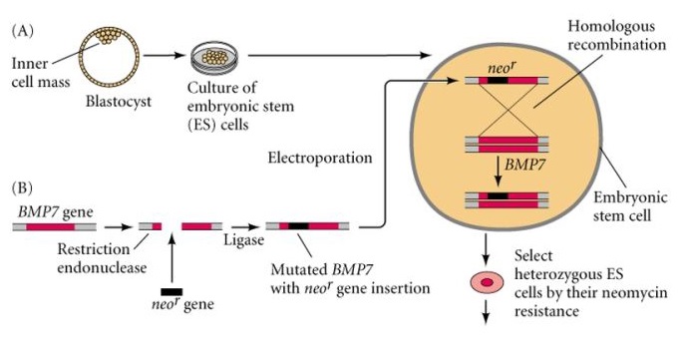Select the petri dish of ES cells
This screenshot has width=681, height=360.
211,56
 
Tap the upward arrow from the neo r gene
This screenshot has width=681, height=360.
173,255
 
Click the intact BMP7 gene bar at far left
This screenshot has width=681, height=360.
49,227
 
